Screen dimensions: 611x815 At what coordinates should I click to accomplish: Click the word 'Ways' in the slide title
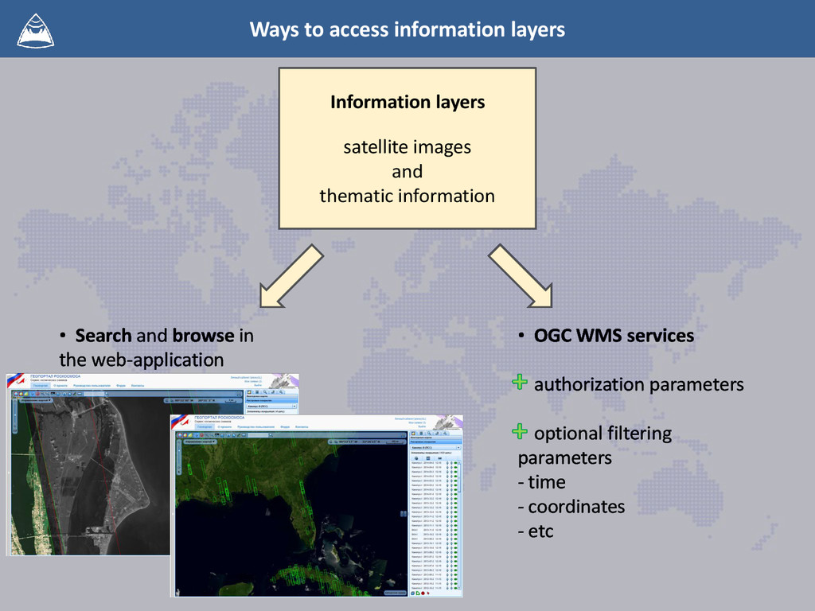point(270,29)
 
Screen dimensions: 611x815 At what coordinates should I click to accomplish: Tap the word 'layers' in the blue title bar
point(537,29)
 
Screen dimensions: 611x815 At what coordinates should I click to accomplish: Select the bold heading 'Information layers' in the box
point(407,102)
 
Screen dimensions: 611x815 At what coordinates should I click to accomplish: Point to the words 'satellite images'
point(407,147)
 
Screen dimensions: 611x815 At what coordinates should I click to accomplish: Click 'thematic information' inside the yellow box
point(407,196)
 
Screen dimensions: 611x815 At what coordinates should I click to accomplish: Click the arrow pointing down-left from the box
point(291,275)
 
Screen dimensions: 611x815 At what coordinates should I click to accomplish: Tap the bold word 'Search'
point(103,336)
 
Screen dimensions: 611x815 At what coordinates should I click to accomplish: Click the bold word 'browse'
point(203,336)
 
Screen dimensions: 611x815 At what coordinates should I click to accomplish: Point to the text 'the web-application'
point(141,360)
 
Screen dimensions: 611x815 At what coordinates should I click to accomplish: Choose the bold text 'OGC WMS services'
point(614,336)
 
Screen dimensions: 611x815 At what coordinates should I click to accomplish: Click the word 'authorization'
point(589,385)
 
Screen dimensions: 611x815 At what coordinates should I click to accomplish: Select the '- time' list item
point(542,482)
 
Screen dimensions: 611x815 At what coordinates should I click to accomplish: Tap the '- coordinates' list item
point(571,507)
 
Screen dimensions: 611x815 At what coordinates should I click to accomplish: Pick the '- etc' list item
point(536,531)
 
